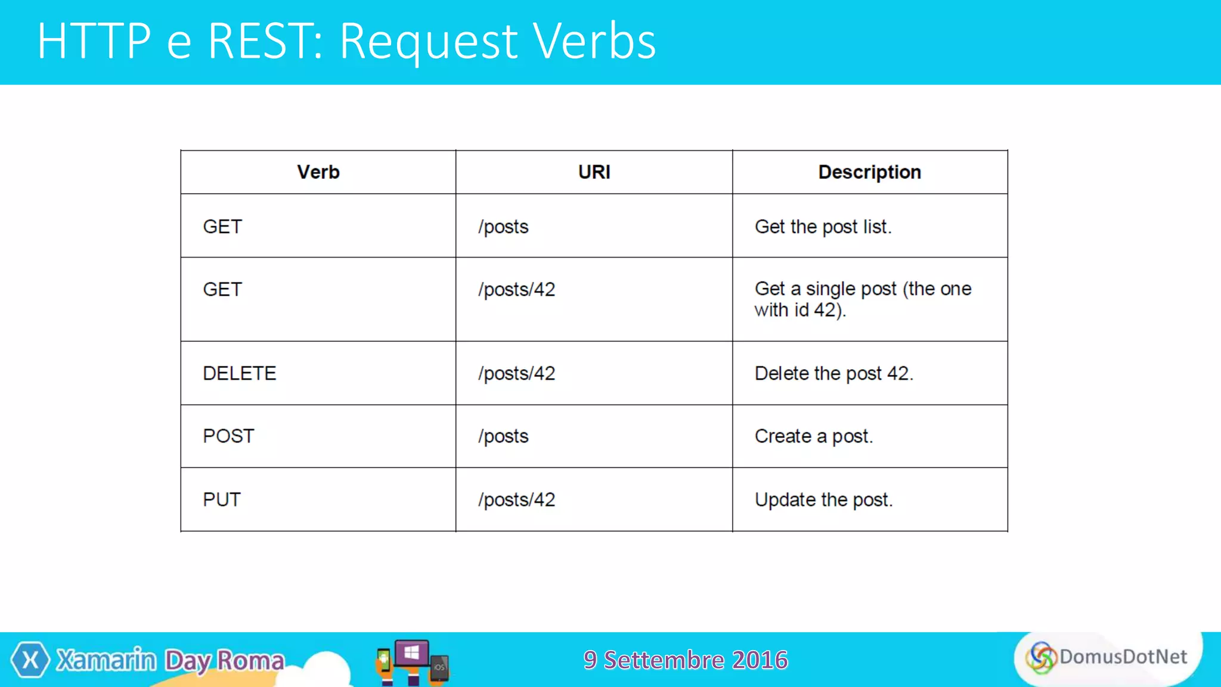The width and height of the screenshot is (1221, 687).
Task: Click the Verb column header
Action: (x=318, y=172)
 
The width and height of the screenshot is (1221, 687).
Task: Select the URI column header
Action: (x=594, y=172)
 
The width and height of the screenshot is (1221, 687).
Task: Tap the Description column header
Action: (x=869, y=172)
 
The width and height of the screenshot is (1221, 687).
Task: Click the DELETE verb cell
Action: (x=240, y=373)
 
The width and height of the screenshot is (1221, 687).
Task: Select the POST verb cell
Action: (x=228, y=436)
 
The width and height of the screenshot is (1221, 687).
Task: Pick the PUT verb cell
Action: (x=222, y=499)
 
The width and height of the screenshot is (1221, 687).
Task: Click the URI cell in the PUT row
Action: (x=516, y=499)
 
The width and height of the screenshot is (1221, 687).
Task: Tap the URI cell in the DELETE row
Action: (x=516, y=373)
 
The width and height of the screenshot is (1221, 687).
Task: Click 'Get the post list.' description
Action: (x=823, y=227)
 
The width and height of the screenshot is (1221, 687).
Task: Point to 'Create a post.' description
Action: (x=813, y=436)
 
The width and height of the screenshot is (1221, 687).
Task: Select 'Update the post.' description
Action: (x=823, y=499)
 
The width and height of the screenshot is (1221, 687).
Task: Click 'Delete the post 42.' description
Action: (x=833, y=373)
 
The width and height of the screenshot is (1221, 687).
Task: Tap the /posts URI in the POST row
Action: (x=503, y=436)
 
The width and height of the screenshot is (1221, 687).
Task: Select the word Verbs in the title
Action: (x=594, y=41)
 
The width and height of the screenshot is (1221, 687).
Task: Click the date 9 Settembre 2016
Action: (x=686, y=660)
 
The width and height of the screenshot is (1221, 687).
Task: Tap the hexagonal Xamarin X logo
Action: (x=30, y=660)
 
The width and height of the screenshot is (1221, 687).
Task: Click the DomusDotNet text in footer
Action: (x=1123, y=657)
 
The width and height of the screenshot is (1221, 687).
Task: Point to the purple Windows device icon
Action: (x=412, y=654)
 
